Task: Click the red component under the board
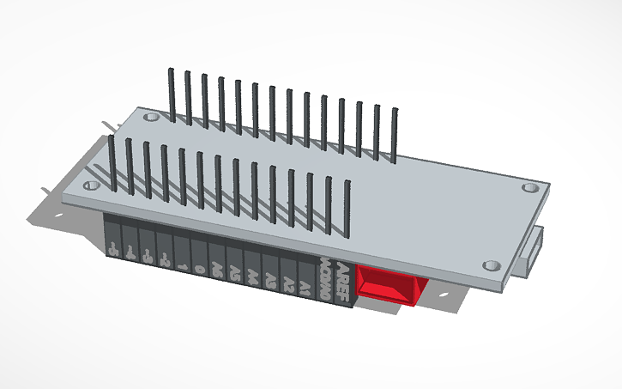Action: point(390,284)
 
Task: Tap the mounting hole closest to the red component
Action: point(491,265)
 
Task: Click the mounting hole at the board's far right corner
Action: point(531,185)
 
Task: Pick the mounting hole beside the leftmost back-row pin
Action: point(151,115)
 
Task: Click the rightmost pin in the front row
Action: point(347,210)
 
